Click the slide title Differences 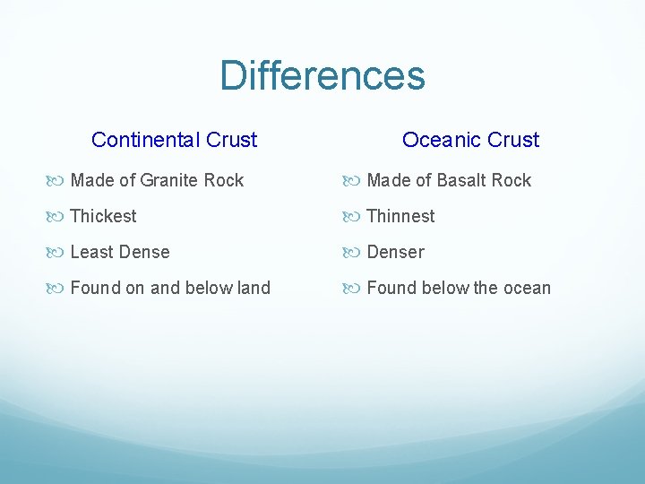[x=322, y=75]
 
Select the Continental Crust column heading [x=174, y=140]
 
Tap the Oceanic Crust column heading [x=470, y=140]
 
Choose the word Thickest [x=103, y=216]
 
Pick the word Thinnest [x=400, y=216]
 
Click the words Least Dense [x=119, y=252]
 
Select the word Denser [x=395, y=252]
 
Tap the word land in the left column [x=252, y=288]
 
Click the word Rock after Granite [x=223, y=180]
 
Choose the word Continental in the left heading [x=146, y=140]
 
